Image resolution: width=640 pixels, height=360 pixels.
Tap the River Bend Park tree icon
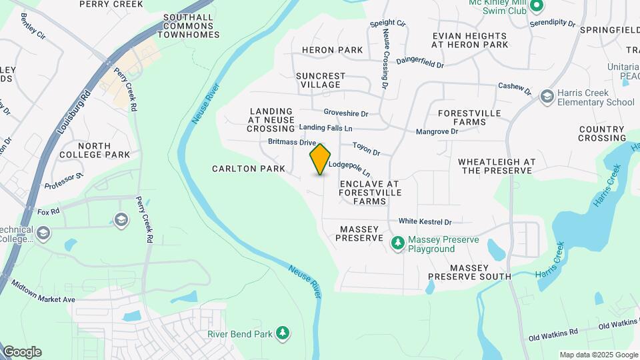[x=283, y=333]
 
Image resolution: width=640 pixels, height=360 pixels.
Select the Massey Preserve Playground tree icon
[x=397, y=243]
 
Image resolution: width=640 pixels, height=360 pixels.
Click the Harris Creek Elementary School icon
[x=547, y=97]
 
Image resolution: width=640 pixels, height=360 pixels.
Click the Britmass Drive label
[x=291, y=143]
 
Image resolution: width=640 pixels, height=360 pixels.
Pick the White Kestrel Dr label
[x=425, y=221]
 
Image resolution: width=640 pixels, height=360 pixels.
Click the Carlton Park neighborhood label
[x=249, y=169]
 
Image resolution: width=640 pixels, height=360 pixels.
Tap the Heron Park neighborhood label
[x=332, y=50]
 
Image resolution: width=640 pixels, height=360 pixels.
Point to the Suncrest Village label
[x=321, y=80]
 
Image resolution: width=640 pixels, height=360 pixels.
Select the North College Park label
[x=103, y=150]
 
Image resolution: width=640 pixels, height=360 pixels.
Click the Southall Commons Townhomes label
[x=181, y=25]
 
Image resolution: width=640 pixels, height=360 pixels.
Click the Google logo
[x=22, y=351]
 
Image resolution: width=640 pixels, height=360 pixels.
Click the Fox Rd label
[x=49, y=212]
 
